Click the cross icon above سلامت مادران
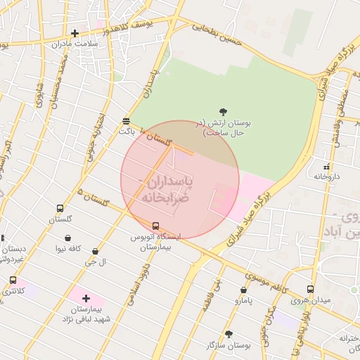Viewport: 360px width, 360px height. click(75, 33)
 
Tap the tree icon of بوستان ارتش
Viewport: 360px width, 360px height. click(224, 111)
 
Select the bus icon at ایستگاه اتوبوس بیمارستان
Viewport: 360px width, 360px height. click(155, 226)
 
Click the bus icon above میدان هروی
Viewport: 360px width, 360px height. click(311, 290)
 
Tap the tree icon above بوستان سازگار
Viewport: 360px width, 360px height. click(228, 334)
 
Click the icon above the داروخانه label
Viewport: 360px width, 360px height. click(326, 167)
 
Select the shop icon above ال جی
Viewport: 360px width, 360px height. click(95, 251)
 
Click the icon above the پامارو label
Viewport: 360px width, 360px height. click(243, 289)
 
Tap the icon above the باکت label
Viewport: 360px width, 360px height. click(126, 120)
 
